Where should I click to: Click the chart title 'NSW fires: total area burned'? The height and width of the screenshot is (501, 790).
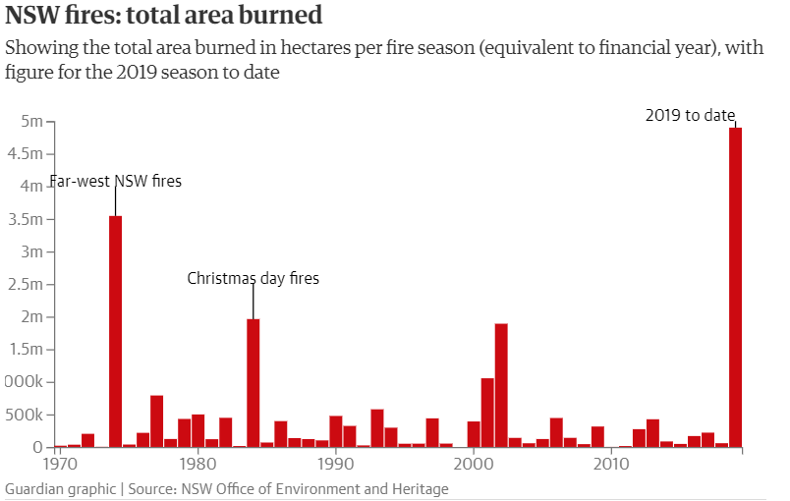[x=165, y=17]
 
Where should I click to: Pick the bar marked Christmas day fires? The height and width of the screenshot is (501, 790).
[x=254, y=382]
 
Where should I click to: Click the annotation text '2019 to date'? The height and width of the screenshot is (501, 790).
[x=690, y=115]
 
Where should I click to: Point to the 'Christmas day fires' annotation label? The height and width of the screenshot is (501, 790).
[x=254, y=279]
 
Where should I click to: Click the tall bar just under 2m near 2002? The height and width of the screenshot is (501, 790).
[x=501, y=385]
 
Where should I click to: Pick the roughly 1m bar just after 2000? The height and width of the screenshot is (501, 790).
[x=487, y=413]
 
